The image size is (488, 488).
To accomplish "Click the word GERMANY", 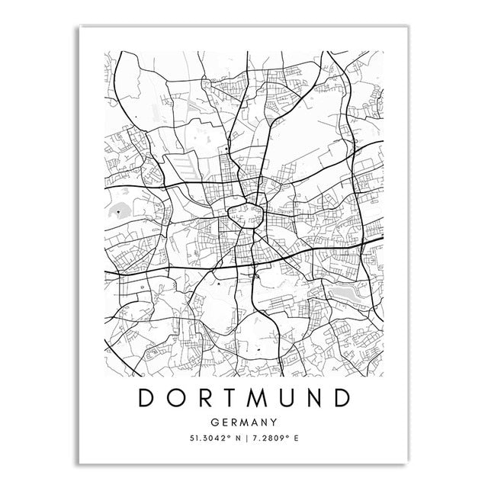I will point(244,420).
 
